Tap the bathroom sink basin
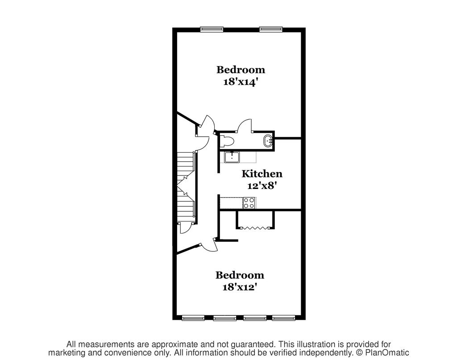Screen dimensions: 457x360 pyautogui.click(x=268, y=141)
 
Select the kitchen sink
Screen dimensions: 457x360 pyautogui.click(x=232, y=157)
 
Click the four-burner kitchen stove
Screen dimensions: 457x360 pyautogui.click(x=249, y=203)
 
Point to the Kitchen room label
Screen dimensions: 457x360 pyautogui.click(x=262, y=174)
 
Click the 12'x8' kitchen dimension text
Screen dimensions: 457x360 pyautogui.click(x=262, y=185)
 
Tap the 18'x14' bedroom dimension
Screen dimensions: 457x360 pyautogui.click(x=241, y=82)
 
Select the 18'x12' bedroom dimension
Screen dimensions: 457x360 pyautogui.click(x=240, y=287)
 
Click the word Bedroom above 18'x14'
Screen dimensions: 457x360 pyautogui.click(x=241, y=70)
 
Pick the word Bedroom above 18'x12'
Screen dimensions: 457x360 pyautogui.click(x=240, y=275)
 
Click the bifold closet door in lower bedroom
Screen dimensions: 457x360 pyautogui.click(x=255, y=228)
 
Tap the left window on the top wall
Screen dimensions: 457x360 pyautogui.click(x=212, y=29)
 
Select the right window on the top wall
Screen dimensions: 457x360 pyautogui.click(x=271, y=29)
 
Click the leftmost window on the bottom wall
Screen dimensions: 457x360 pyautogui.click(x=193, y=318)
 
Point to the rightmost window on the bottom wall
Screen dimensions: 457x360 pyautogui.click(x=283, y=318)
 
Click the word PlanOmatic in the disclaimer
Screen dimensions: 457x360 pyautogui.click(x=387, y=353)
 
